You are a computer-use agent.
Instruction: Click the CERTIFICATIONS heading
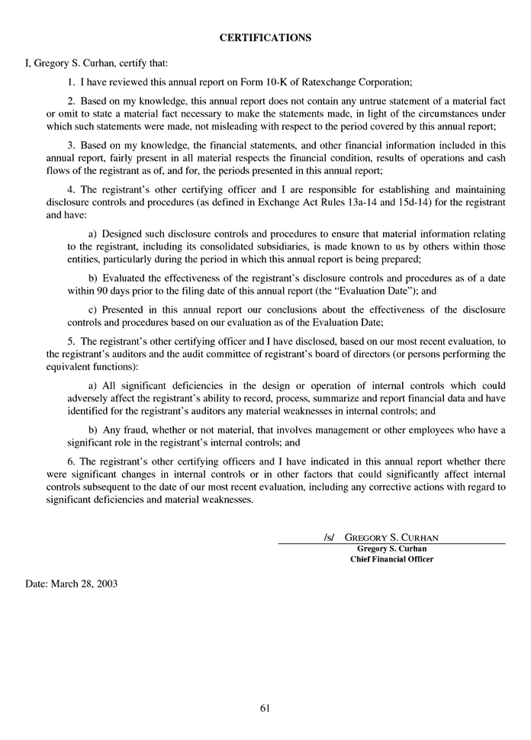(265, 37)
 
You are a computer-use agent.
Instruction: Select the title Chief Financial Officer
(391, 559)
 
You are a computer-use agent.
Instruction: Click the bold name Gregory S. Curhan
(391, 549)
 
